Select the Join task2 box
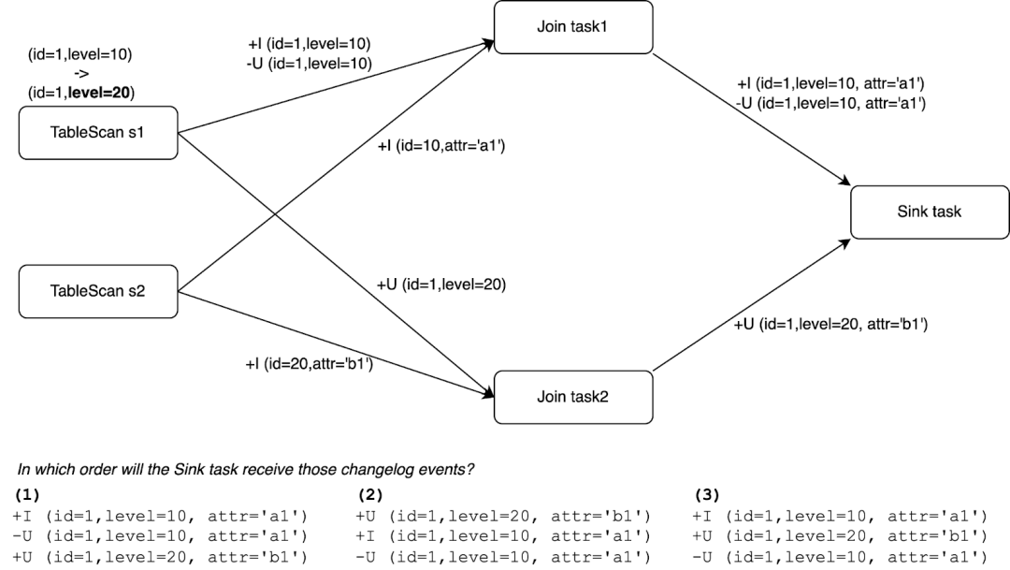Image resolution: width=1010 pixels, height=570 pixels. [572, 397]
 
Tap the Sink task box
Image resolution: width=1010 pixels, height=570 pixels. [929, 212]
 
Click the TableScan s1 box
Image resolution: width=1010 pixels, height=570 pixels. [98, 133]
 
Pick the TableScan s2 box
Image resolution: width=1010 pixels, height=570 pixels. [98, 290]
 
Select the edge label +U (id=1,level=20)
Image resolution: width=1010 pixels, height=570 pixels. [440, 285]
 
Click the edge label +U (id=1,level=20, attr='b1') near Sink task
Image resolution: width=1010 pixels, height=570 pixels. [830, 324]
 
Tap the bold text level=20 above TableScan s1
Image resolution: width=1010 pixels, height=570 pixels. [107, 93]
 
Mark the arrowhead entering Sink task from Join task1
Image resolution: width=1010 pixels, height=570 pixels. [847, 182]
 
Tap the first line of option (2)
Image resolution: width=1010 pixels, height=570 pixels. [502, 516]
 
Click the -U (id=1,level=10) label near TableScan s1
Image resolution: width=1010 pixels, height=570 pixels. [308, 63]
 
